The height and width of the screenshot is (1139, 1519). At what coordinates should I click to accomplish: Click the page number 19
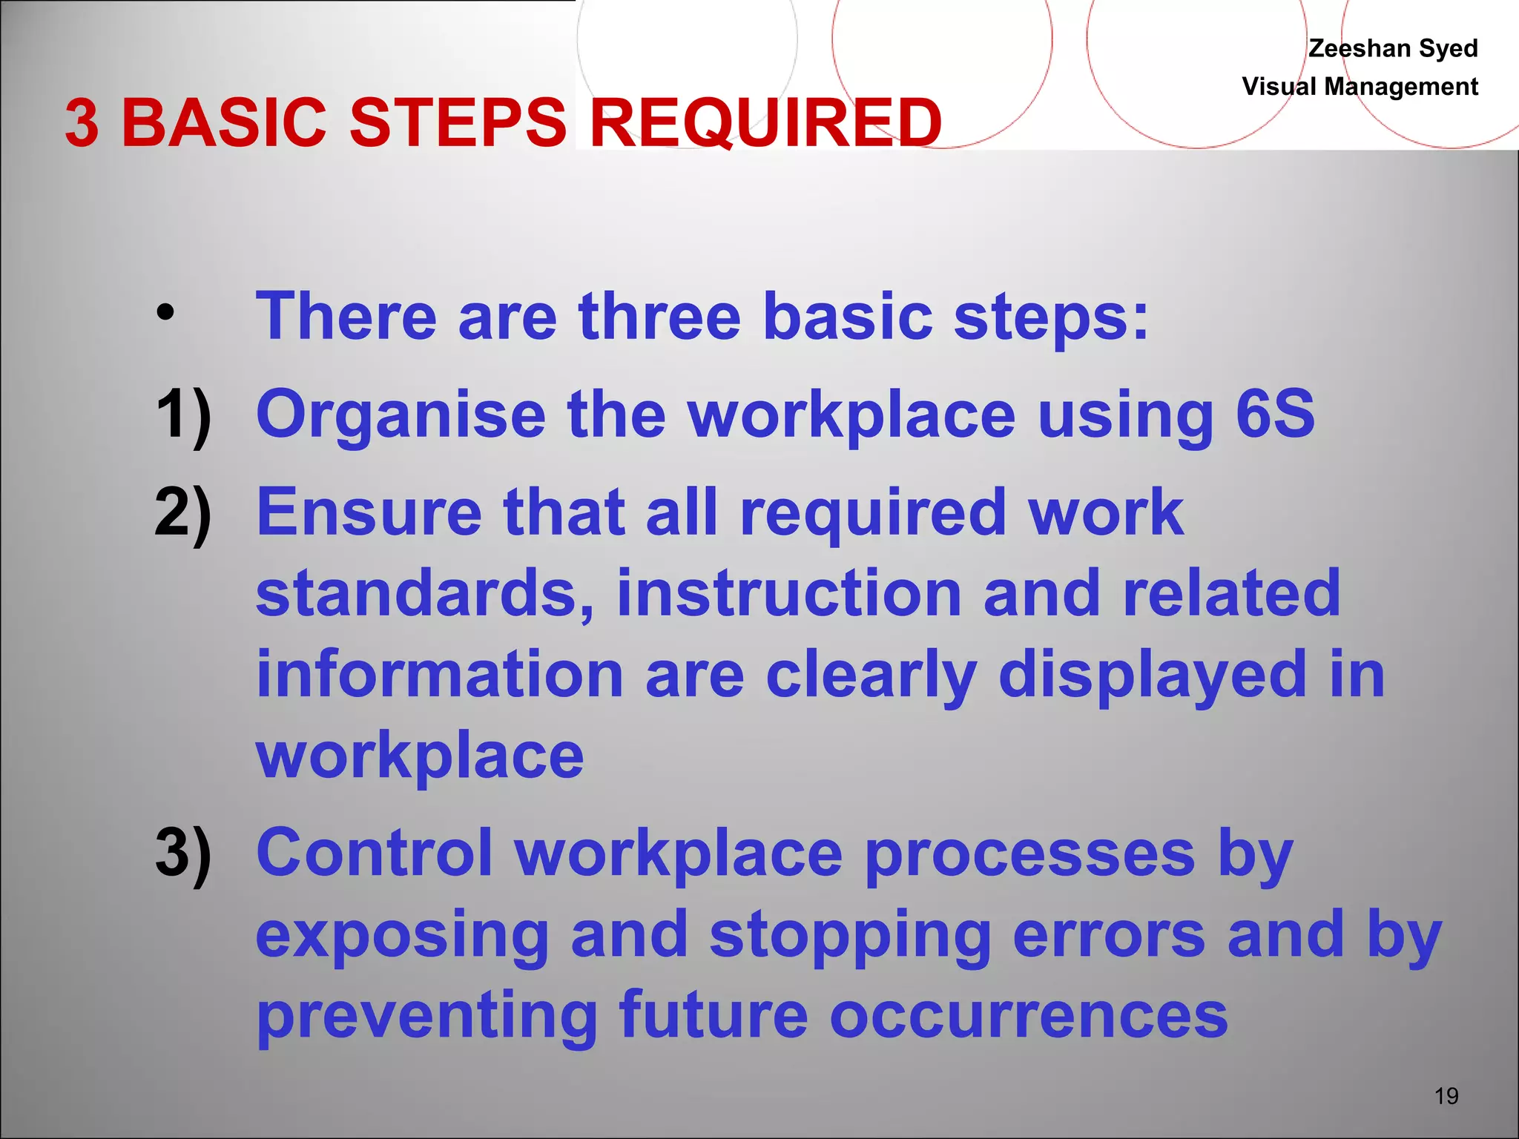click(1446, 1096)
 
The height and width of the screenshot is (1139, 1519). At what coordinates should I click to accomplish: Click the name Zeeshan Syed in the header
click(1392, 48)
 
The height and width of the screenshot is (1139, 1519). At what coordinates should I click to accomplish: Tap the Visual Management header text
click(1360, 87)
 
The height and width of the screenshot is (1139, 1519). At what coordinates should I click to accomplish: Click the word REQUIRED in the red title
click(765, 122)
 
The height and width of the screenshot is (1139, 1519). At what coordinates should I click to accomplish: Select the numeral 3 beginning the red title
click(82, 123)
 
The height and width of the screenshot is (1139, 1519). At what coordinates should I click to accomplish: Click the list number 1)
click(182, 415)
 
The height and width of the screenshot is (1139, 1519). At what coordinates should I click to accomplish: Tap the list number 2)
click(182, 513)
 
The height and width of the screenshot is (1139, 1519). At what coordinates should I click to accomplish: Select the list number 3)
click(182, 854)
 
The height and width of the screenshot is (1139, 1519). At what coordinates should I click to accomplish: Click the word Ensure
click(369, 513)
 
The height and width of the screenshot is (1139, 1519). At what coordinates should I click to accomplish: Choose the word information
click(439, 675)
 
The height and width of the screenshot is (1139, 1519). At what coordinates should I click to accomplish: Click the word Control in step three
click(374, 854)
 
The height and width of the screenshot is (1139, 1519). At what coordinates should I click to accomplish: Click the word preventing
click(426, 1017)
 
